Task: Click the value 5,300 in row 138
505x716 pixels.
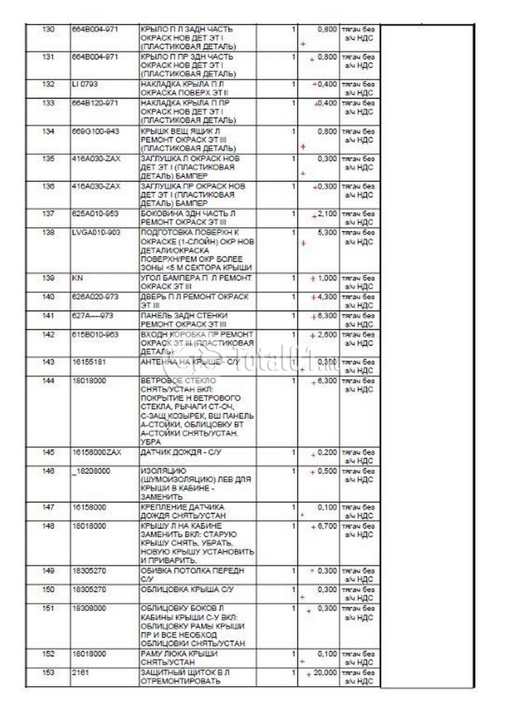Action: tap(327, 232)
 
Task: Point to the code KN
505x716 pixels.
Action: tap(76, 279)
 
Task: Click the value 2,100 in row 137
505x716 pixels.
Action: tap(327, 214)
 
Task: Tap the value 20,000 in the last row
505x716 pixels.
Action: tap(326, 672)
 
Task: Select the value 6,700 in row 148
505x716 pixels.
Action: tap(327, 526)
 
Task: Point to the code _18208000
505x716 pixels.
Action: tap(90, 471)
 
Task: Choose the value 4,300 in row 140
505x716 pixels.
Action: tap(327, 297)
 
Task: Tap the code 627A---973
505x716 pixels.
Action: tap(90, 314)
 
